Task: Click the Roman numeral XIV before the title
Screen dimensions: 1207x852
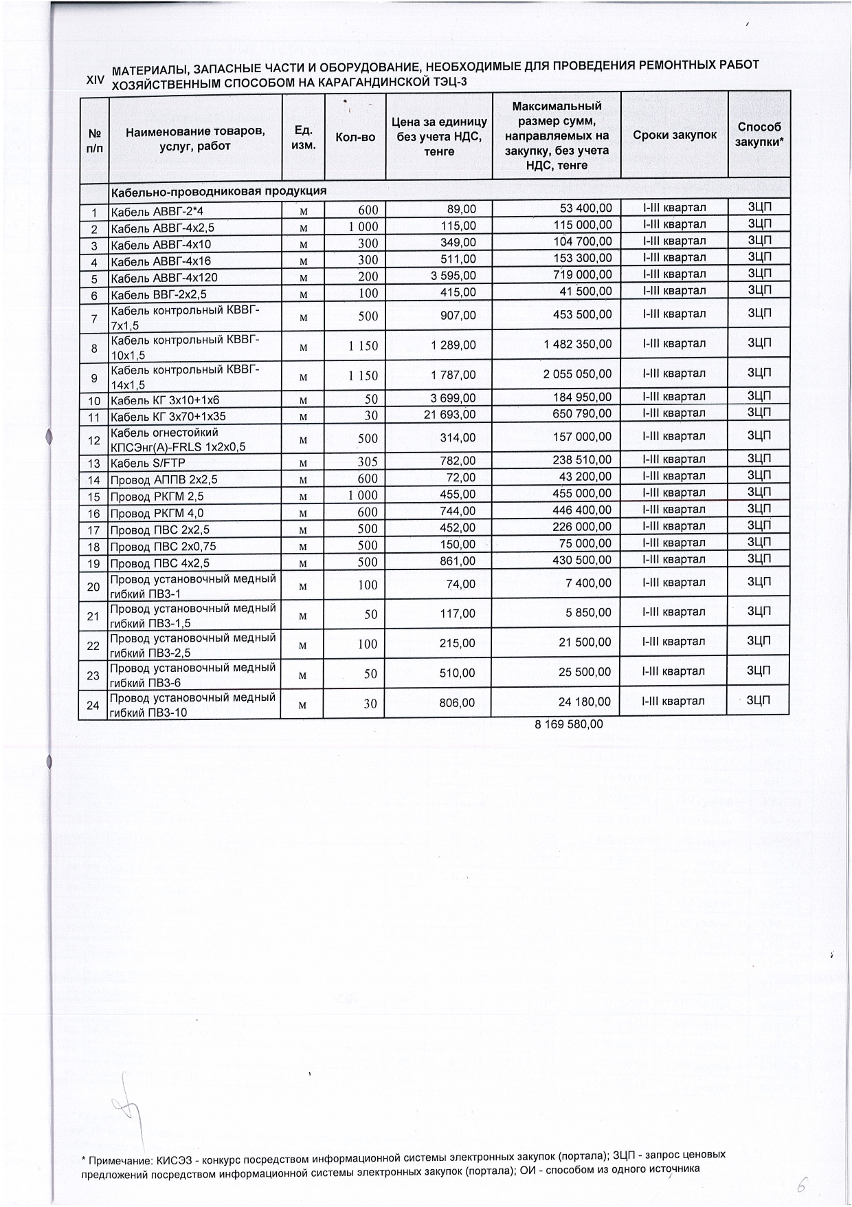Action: pyautogui.click(x=95, y=80)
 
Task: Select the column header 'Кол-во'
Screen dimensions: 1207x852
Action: pyautogui.click(x=355, y=137)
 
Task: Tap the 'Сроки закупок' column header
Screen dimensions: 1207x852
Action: pyautogui.click(x=675, y=135)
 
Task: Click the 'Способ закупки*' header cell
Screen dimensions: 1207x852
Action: pyautogui.click(x=759, y=134)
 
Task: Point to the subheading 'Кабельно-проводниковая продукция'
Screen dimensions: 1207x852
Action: pyautogui.click(x=218, y=191)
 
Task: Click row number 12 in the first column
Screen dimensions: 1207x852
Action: pyautogui.click(x=95, y=440)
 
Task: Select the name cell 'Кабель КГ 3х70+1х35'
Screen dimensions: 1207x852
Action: pyautogui.click(x=168, y=416)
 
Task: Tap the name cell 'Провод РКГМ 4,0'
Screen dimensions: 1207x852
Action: pyautogui.click(x=157, y=513)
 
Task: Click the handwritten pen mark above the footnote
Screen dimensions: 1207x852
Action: pyautogui.click(x=131, y=1111)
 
